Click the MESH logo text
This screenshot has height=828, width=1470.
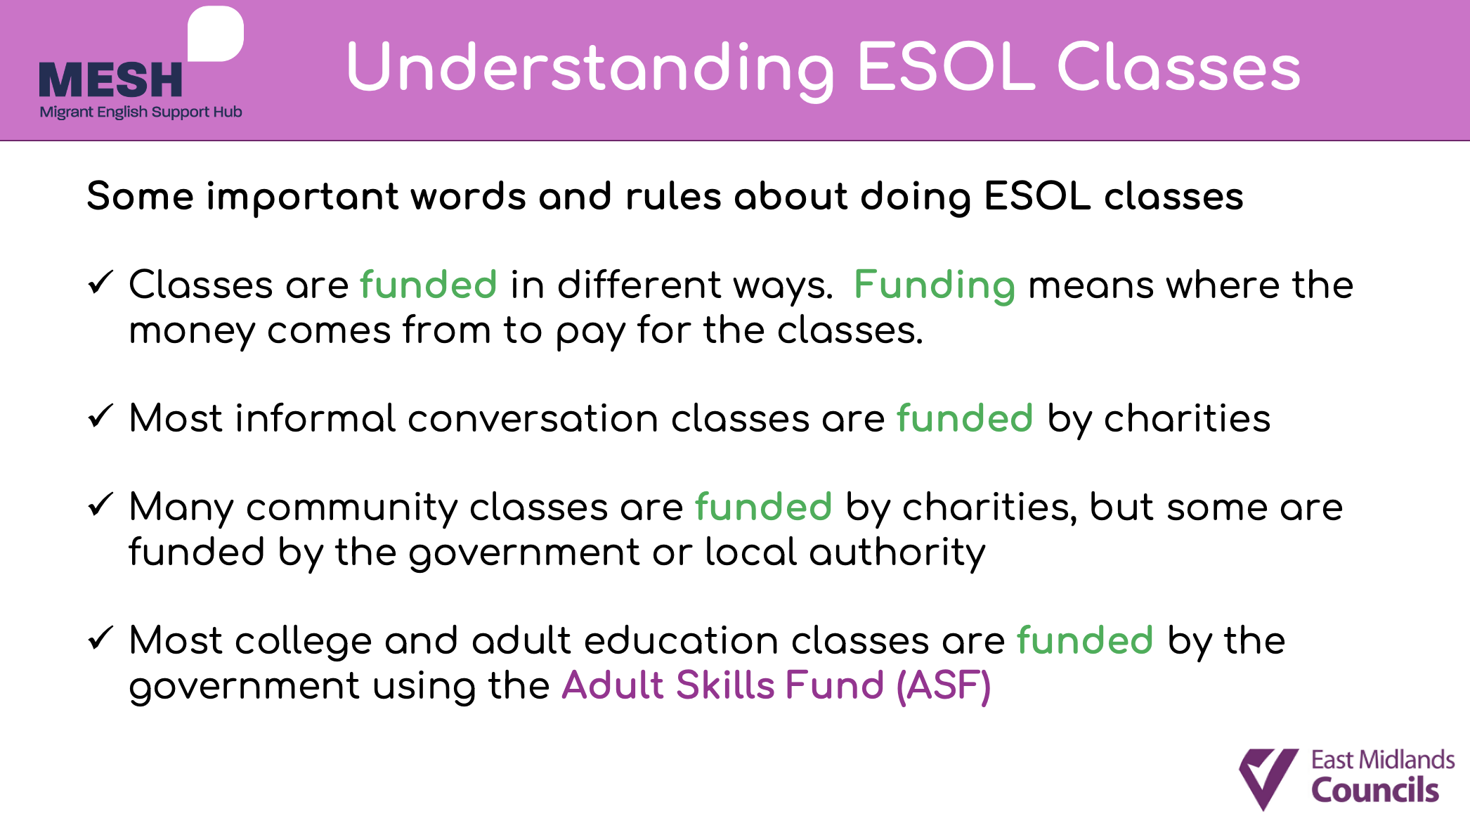pos(110,79)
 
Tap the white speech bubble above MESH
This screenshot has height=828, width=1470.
pos(215,34)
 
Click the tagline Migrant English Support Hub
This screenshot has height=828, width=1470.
pos(141,112)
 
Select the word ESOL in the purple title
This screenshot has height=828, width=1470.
pos(946,67)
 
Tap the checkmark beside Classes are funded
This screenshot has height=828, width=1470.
pos(100,283)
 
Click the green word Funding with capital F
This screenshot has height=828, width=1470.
pos(935,286)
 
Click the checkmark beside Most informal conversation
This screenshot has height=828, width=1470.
pos(100,416)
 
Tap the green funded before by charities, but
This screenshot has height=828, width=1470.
pos(764,507)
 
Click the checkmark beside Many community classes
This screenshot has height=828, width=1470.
pos(100,505)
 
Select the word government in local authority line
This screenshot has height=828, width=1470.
pos(524,554)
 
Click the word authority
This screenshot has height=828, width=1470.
pos(897,553)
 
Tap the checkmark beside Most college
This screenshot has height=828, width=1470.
pos(100,638)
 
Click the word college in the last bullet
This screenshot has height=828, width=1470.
pos(303,642)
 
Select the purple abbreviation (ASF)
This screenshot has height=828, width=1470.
pos(944,686)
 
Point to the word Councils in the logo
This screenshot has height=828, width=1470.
pos(1375,790)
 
